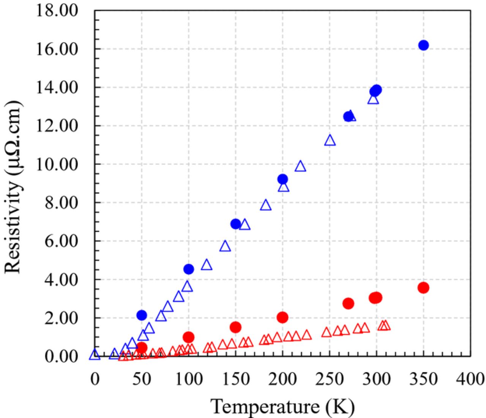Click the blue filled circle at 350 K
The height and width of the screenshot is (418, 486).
point(423,45)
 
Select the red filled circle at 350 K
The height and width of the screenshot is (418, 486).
point(423,288)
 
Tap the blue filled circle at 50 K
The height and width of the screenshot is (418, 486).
point(142,315)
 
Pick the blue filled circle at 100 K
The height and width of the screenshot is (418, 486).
point(189,269)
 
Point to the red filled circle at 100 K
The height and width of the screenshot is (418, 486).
point(189,337)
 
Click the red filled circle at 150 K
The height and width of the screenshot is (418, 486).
point(235,327)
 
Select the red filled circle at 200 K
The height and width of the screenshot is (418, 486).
point(282,317)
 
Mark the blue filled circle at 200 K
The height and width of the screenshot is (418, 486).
point(282,179)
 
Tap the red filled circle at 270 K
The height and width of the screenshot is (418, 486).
point(348,303)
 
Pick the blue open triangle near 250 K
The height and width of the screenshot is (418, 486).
point(330,140)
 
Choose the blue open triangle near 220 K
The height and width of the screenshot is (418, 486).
point(300,167)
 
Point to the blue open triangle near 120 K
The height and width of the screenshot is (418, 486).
point(207,265)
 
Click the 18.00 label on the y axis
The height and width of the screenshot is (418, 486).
point(57,10)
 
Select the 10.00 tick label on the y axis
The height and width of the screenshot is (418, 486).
point(57,164)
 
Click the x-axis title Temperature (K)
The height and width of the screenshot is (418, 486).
point(282,406)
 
